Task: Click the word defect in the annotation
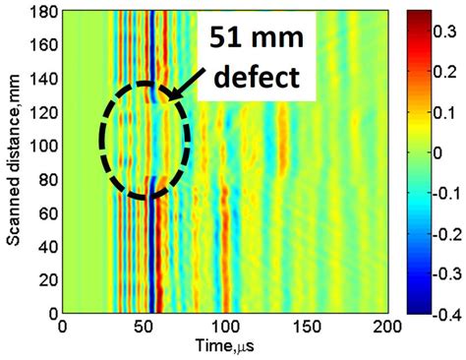tap(258, 76)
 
